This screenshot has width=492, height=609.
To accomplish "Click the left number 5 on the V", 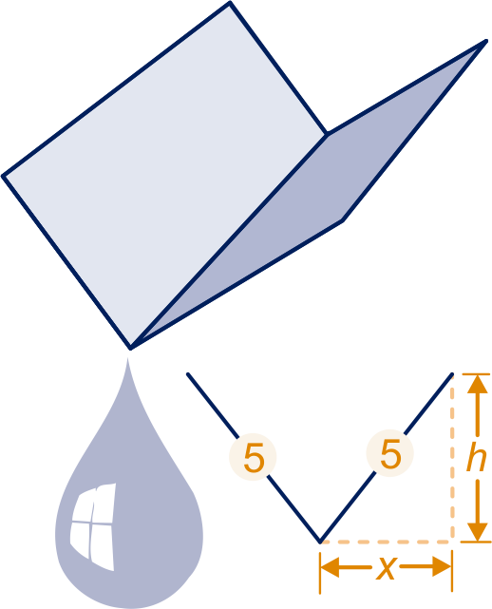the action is [x=254, y=458].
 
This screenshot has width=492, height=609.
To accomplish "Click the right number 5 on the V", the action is [x=390, y=453].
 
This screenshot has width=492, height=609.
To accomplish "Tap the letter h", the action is [x=477, y=458].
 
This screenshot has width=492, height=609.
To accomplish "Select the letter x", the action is [x=387, y=568].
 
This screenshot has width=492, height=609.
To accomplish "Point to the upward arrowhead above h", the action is [x=477, y=384].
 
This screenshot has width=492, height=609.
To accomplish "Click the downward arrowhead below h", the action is [x=477, y=532].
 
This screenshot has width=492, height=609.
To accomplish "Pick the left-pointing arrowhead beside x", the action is [x=330, y=567].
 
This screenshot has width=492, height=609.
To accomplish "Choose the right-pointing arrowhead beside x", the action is [x=442, y=567].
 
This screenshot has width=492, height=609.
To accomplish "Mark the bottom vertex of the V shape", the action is [x=319, y=542].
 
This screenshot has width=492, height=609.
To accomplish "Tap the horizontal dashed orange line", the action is [x=387, y=542].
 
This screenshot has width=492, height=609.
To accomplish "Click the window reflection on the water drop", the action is [x=93, y=526].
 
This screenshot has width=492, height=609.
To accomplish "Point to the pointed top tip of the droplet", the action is [x=128, y=358].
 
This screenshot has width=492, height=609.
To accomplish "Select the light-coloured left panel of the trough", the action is [x=165, y=175].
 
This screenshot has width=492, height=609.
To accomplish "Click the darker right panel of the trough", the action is [x=311, y=194].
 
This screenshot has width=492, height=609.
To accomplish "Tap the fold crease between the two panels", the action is [x=229, y=240].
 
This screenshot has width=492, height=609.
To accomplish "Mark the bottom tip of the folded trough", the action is [x=130, y=348].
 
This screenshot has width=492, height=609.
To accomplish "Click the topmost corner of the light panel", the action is [x=230, y=3].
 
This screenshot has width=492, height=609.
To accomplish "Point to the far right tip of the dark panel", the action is [x=485, y=41].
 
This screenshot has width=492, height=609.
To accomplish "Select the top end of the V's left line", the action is [x=188, y=374].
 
